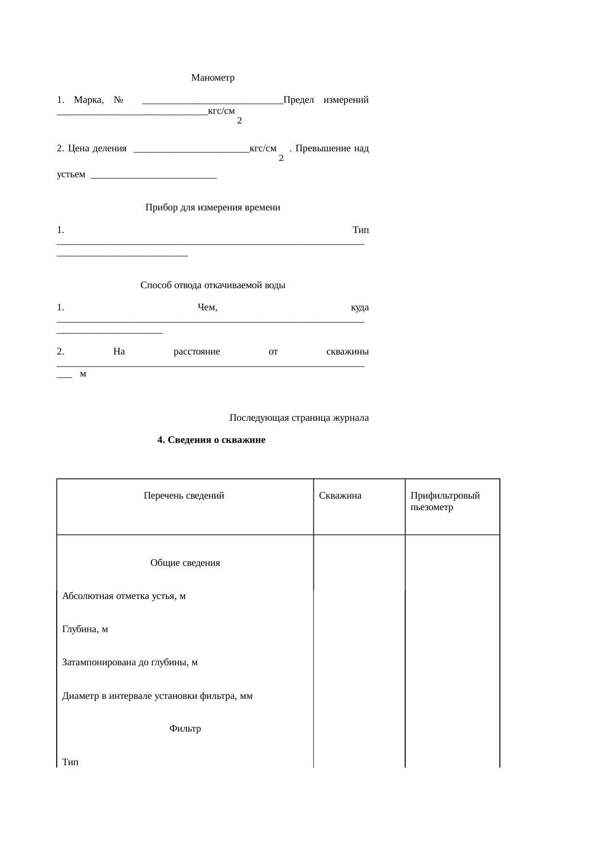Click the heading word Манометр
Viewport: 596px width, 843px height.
tap(212, 78)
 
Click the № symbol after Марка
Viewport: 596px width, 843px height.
tap(119, 100)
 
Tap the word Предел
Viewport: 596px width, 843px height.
tap(298, 100)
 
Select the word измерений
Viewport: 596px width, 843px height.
tap(346, 100)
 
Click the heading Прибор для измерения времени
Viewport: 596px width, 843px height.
tap(212, 208)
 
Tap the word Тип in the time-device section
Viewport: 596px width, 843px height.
tap(360, 230)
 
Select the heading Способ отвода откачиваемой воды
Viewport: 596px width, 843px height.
tap(212, 285)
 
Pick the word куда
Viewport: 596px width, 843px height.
tap(360, 307)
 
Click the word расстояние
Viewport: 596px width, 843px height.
tap(196, 352)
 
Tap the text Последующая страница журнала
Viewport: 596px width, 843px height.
tap(299, 417)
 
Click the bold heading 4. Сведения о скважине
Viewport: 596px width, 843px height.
tap(211, 440)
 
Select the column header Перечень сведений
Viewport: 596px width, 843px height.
tap(184, 496)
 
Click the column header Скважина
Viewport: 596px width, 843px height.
tap(340, 496)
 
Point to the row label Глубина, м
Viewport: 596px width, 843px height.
tap(85, 629)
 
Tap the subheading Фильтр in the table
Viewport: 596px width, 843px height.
tap(185, 729)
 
